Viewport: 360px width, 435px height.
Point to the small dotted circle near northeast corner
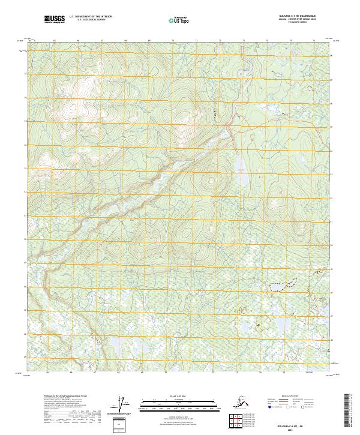tap(310, 88)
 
